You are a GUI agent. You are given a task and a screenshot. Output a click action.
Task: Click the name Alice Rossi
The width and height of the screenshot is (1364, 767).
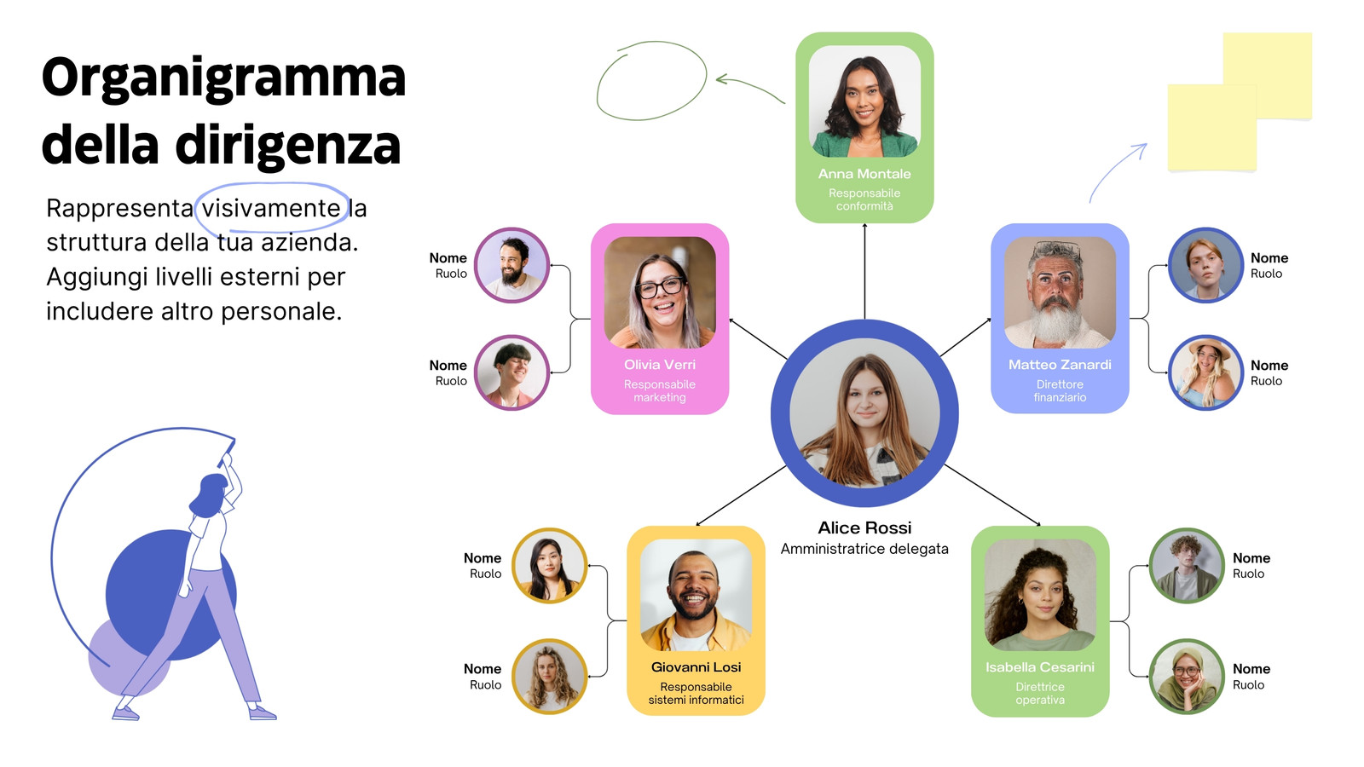864,528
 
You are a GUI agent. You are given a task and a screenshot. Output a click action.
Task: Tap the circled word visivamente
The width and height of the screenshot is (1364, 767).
271,208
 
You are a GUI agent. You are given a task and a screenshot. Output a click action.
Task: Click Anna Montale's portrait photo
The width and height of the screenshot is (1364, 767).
864,101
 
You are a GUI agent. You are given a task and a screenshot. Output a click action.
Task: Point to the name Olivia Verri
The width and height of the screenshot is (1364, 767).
660,365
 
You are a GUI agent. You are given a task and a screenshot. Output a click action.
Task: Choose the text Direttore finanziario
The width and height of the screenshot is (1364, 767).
1060,391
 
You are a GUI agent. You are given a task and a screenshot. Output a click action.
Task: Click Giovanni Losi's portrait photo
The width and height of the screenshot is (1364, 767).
696,595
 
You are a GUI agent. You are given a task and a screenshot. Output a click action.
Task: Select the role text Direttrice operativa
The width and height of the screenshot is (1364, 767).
1040,694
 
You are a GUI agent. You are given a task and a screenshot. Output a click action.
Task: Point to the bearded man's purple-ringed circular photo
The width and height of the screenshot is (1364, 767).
511,265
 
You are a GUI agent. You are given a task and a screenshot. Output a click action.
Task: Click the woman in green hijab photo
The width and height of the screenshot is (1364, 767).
1186,676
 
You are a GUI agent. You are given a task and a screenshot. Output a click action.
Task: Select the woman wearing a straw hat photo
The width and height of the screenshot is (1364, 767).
1205,372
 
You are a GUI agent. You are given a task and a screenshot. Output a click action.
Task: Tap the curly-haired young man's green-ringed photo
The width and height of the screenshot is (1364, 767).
1186,566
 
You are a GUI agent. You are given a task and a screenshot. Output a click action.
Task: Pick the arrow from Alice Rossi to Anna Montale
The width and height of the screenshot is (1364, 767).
864,272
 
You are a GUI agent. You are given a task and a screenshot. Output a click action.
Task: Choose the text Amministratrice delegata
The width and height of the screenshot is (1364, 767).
864,549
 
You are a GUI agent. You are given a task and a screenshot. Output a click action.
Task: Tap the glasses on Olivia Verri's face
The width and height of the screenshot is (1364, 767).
660,287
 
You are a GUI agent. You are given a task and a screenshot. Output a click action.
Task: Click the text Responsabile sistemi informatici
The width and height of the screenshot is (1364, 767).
696,694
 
